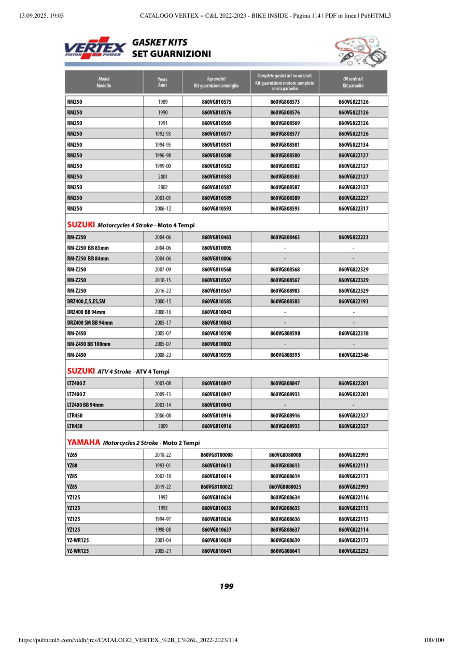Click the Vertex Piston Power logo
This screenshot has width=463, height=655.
point(95,48)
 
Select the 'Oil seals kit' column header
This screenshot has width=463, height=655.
point(353,82)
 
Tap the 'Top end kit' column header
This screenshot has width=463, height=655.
point(216,82)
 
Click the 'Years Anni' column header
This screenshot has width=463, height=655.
point(162,82)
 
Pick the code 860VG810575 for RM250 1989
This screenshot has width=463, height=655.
point(216,102)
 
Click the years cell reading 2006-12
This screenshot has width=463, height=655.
point(162,208)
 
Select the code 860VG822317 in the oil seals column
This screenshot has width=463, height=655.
point(353,208)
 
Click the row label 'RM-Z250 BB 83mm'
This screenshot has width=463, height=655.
point(88,248)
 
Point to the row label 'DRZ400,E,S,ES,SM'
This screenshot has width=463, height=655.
point(86,301)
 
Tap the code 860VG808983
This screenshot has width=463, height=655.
point(285,290)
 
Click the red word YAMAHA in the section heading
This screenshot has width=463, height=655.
point(83,442)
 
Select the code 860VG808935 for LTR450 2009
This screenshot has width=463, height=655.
point(285,426)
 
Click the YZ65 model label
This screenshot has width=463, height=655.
point(72,455)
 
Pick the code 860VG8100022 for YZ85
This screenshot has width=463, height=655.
point(216,487)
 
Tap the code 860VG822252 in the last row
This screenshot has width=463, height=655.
point(353,551)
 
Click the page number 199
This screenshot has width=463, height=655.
point(227,587)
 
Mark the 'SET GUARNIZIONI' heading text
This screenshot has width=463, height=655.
point(171,54)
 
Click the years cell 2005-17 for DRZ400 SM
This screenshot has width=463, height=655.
point(162,323)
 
